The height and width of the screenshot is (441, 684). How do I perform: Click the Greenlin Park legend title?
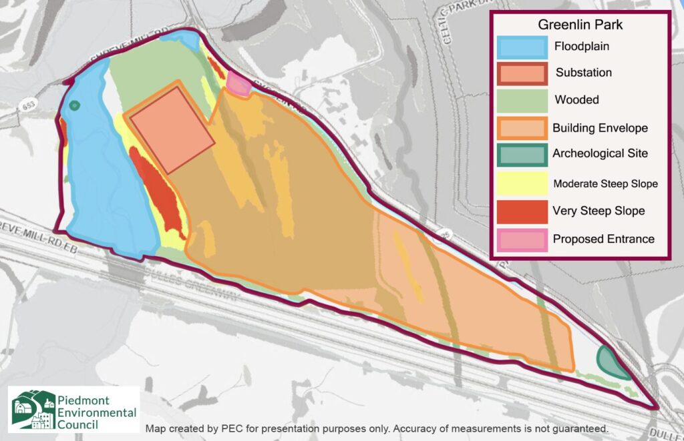pyautogui.click(x=580, y=26)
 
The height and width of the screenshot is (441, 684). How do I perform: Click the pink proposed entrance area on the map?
pyautogui.click(x=238, y=84)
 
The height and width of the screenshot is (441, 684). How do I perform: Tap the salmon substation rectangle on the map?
pyautogui.click(x=172, y=129)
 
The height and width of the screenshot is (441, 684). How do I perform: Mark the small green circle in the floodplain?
pyautogui.click(x=75, y=105)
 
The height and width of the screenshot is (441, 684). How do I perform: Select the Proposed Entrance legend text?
pyautogui.click(x=603, y=239)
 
